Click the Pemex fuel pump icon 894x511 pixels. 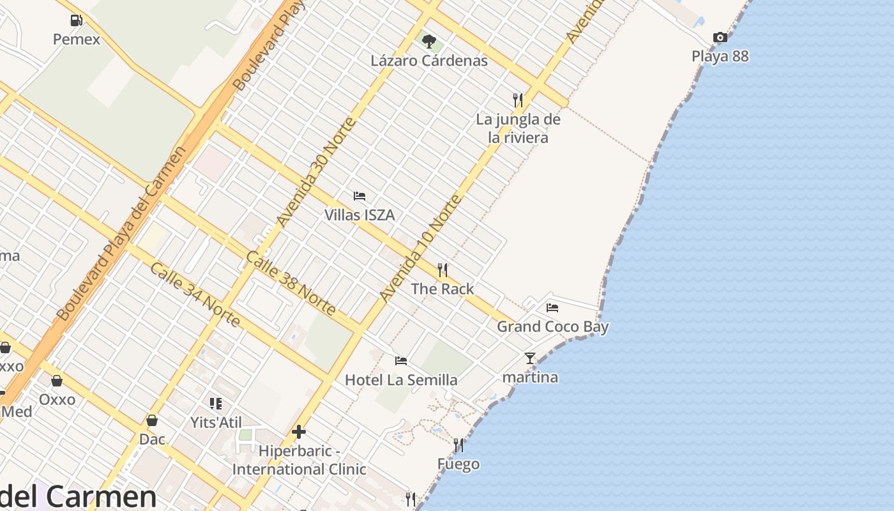click(x=77, y=20)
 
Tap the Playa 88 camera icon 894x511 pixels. click(x=720, y=38)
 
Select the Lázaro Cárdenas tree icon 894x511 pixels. click(x=429, y=42)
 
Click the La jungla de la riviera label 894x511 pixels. click(x=518, y=128)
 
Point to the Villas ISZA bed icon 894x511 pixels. click(x=360, y=196)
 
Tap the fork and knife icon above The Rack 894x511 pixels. click(x=443, y=270)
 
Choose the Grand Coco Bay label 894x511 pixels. click(x=552, y=327)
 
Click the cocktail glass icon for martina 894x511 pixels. click(x=530, y=358)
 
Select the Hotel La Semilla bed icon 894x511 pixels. click(x=401, y=361)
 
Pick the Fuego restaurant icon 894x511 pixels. click(x=458, y=445)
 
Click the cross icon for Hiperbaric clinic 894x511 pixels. click(x=299, y=432)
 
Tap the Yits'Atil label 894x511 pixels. click(x=216, y=422)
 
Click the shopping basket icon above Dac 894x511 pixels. click(x=152, y=420)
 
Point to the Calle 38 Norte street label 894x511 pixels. click(x=291, y=283)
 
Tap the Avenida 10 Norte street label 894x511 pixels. click(x=420, y=248)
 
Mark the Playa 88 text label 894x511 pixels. click(x=720, y=56)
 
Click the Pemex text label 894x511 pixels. click(x=77, y=40)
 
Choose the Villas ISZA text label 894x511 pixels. click(x=360, y=215)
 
